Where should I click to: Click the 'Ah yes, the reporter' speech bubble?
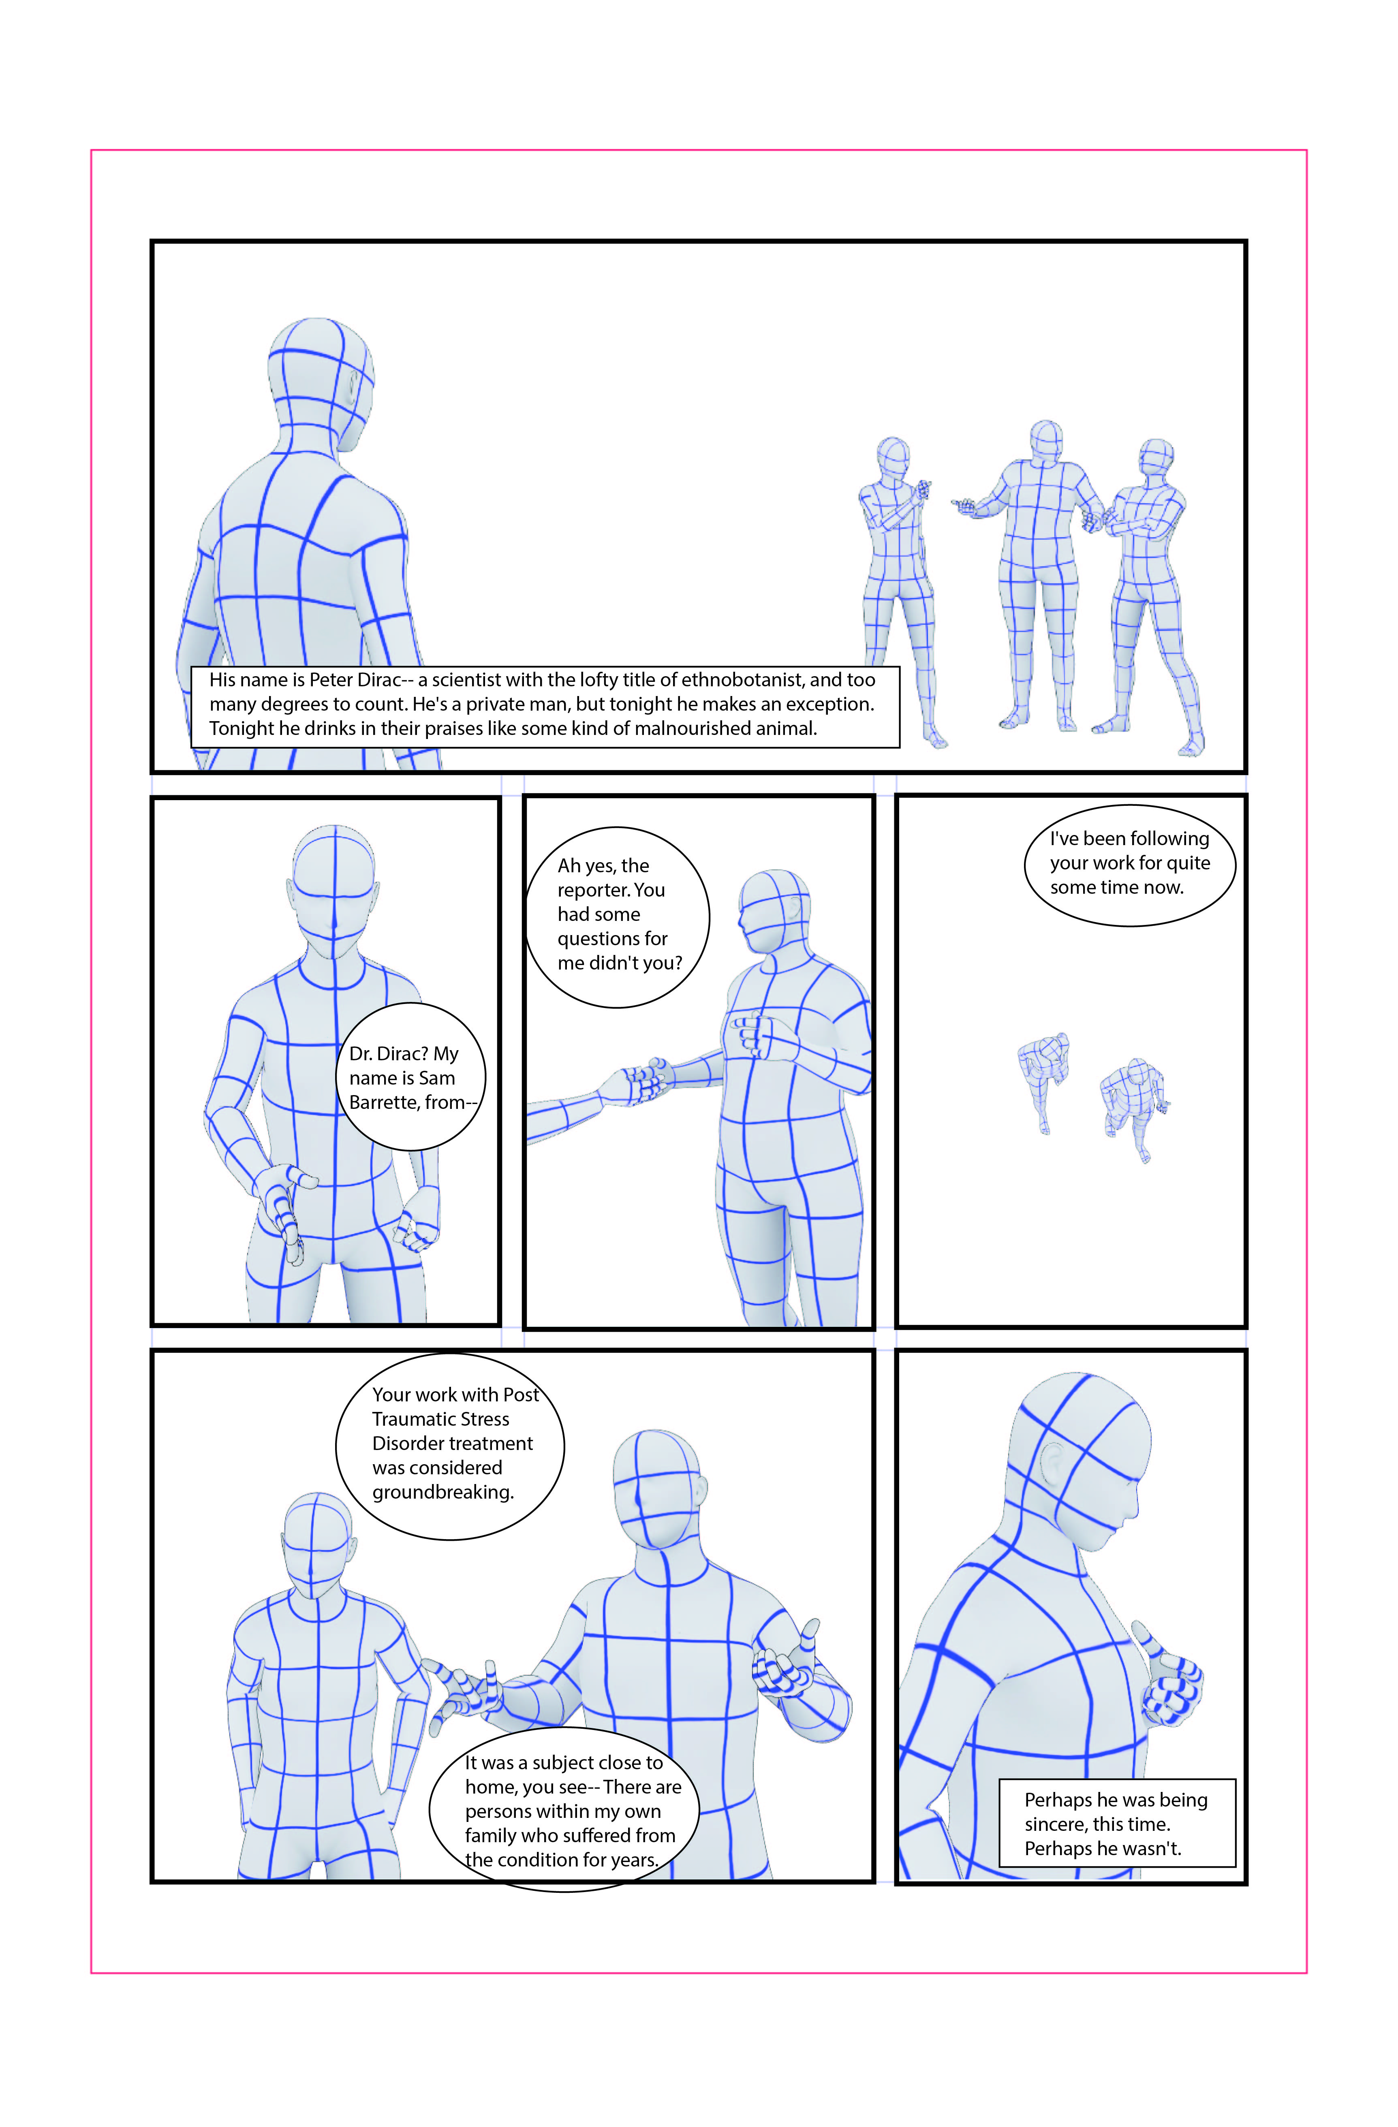pos(618,917)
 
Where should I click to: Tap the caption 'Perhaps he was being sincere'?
pos(1116,1823)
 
